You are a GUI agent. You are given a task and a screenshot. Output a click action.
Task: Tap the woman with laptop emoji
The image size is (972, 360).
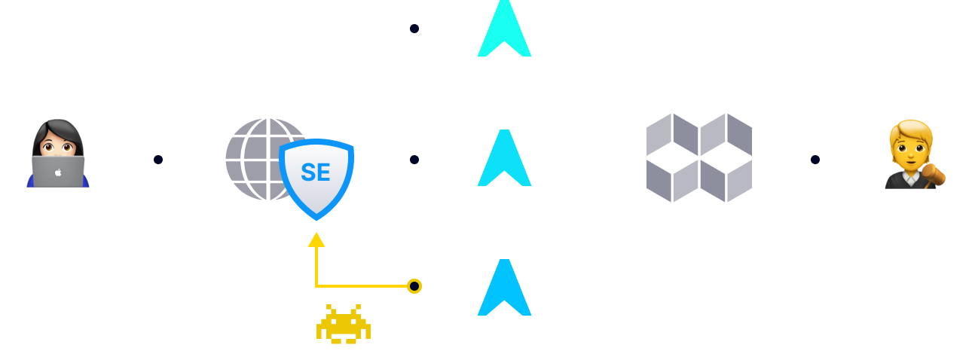58,154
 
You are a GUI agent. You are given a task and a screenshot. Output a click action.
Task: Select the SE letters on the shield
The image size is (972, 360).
316,172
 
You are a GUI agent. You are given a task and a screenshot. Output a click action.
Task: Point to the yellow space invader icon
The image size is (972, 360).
344,324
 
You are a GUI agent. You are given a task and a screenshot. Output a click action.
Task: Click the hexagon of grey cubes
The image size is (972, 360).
699,158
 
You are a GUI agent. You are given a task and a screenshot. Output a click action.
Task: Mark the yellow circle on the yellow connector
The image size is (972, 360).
414,286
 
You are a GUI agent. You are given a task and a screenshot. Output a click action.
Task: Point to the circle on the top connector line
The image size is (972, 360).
414,29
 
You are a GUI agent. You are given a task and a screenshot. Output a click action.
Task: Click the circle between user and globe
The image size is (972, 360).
157,160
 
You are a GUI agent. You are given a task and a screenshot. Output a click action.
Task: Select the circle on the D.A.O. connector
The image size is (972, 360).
815,160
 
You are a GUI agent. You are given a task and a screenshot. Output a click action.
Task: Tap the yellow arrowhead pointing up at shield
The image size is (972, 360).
316,240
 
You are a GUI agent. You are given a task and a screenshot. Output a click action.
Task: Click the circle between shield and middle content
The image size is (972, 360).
414,160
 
